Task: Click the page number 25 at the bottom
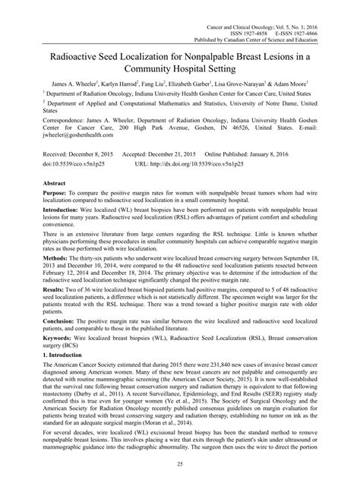(180, 462)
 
